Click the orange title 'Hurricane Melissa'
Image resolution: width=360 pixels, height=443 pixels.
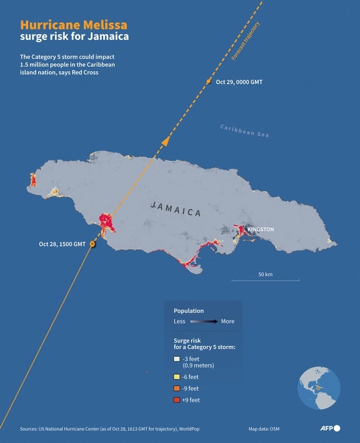[73, 26]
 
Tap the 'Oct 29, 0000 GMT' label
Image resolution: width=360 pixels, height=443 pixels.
[239, 82]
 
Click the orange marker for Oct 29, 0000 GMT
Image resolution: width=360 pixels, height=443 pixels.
[209, 82]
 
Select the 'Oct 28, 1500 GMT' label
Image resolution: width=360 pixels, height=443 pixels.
[63, 244]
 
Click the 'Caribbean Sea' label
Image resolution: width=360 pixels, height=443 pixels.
[244, 131]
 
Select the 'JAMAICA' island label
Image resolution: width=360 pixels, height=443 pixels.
[176, 209]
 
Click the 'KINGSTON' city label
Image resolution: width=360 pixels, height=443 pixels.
[260, 229]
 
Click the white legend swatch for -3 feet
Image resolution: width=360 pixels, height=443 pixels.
[176, 359]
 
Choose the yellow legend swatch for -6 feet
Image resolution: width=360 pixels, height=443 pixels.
[176, 377]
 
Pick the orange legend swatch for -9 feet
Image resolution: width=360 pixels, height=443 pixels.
[176, 388]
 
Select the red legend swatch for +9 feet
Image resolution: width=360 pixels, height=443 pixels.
[176, 400]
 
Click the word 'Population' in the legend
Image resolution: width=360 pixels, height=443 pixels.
[189, 310]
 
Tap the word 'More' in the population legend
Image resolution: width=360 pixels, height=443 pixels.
[227, 322]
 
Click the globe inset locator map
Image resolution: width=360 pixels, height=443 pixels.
[319, 388]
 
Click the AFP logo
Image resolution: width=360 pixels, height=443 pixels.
[330, 428]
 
